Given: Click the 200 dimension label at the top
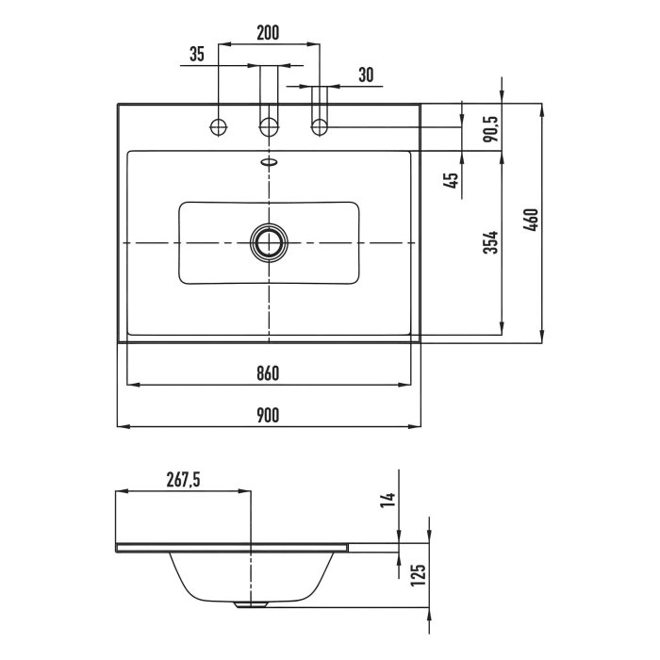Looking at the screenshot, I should tap(268, 32).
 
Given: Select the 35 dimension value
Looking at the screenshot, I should tap(196, 54).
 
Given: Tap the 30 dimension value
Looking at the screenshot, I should tap(366, 75).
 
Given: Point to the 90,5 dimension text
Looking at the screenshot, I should tap(489, 126).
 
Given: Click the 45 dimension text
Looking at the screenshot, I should tap(452, 179).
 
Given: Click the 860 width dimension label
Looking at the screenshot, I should tap(268, 373).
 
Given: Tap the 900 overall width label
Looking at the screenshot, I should tap(268, 415).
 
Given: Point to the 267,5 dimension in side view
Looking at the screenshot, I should tap(183, 480).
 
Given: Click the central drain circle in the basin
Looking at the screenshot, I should tap(270, 243).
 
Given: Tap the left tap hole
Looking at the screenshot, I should tap(220, 126).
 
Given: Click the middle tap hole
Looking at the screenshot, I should tap(270, 126).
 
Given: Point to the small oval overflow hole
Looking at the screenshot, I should tap(270, 162).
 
